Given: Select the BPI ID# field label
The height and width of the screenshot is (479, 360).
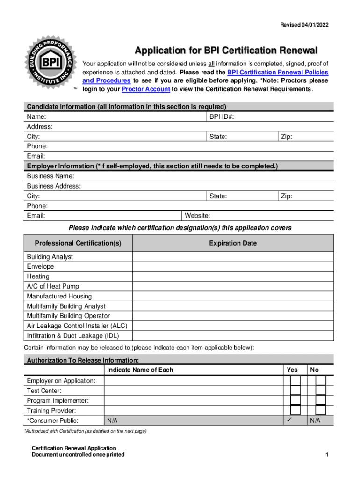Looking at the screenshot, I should tap(222, 116).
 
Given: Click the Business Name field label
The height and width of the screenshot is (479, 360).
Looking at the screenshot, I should tap(50, 176).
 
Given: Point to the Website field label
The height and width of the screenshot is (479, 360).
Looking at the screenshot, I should tap(197, 216).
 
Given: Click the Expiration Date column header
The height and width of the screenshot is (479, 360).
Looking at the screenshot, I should tap(233, 243).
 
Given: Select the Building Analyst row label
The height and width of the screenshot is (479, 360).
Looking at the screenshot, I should tap(50, 257).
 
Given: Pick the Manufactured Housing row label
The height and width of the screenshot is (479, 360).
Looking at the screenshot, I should tap(59, 296).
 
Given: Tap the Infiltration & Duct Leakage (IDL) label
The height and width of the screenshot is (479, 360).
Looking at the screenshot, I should tap(72, 335).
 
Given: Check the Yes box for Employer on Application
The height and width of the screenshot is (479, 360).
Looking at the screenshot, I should tap(295, 380).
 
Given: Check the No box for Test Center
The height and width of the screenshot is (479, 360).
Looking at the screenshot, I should tap(320, 390).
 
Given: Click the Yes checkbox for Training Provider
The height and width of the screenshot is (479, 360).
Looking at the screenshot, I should tap(295, 410).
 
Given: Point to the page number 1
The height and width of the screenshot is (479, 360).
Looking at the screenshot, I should tap(327, 455).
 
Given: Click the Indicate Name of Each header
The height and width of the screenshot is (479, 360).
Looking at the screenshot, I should tap(140, 370).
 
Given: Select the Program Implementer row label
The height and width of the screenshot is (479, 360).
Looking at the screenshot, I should tap(58, 400).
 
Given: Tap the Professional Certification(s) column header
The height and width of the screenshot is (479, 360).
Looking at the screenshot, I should tap(78, 243).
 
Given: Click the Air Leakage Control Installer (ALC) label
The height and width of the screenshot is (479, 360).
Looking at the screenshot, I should tap(77, 326).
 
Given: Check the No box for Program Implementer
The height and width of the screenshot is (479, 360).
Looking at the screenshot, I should tap(320, 400).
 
